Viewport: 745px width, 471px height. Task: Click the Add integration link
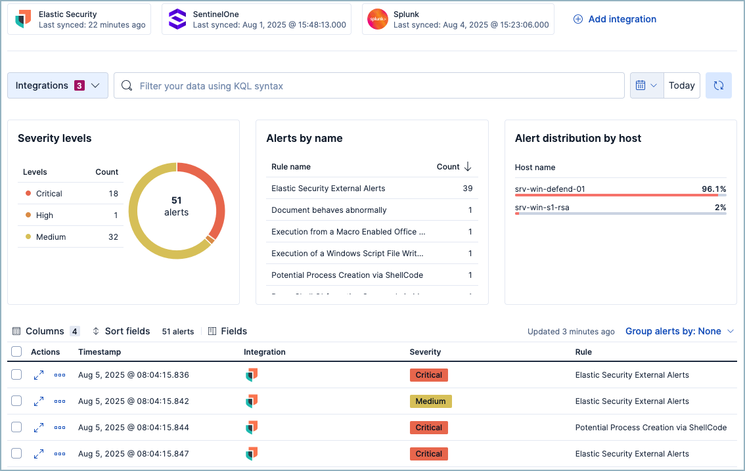615,19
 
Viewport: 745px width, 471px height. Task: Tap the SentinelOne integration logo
177,19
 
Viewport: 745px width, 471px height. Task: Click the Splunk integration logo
377,19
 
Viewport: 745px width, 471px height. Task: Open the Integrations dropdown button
58,85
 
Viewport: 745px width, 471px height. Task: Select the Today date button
681,85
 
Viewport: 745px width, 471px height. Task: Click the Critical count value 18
113,194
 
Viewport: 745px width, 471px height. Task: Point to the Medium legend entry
51,237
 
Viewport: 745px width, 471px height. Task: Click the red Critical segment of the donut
214,197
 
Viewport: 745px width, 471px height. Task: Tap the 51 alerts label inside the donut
176,206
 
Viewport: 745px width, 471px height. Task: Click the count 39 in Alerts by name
467,189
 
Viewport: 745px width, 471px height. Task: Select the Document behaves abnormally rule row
329,210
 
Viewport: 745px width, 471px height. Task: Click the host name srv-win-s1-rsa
542,208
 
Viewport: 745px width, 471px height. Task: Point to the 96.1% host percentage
713,189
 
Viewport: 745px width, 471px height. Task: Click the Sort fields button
121,331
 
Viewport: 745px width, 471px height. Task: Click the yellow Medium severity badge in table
430,401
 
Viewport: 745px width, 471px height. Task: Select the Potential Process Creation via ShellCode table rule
650,428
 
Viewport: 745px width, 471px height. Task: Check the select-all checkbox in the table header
16,351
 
